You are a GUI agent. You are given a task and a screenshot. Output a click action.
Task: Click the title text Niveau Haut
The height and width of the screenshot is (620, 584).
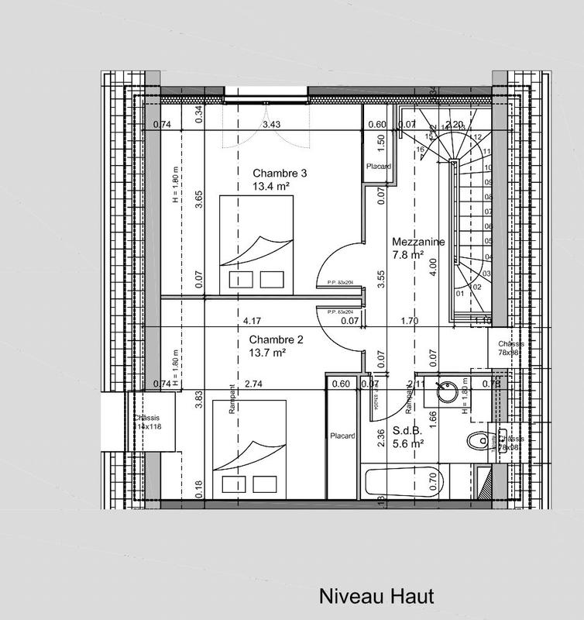click(x=376, y=597)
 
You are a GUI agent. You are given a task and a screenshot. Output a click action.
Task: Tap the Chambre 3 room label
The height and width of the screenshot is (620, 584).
click(x=280, y=173)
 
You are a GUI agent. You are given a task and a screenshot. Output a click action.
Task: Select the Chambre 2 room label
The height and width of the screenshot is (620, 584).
click(x=275, y=339)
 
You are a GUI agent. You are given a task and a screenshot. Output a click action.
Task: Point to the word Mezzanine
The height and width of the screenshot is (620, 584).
click(x=418, y=241)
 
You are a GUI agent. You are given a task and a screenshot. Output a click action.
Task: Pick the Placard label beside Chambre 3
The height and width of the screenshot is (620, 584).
click(x=378, y=167)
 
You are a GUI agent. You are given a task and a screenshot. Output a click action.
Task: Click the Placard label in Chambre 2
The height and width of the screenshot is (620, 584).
click(x=342, y=436)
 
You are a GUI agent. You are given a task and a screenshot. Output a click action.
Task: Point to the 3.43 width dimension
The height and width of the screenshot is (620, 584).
click(x=271, y=124)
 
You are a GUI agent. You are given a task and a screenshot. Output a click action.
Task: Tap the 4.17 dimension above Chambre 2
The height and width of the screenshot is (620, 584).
click(x=251, y=320)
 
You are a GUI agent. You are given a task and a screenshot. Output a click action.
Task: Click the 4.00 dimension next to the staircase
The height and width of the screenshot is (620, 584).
click(x=434, y=264)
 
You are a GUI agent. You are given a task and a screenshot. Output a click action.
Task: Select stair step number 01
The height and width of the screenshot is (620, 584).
click(x=460, y=293)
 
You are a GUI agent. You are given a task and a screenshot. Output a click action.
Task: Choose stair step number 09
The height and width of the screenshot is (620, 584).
click(x=488, y=183)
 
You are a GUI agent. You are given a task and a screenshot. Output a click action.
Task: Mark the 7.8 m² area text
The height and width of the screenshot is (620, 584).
click(x=407, y=254)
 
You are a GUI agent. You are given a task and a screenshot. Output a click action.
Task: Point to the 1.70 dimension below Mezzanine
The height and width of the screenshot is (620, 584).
click(x=411, y=320)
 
